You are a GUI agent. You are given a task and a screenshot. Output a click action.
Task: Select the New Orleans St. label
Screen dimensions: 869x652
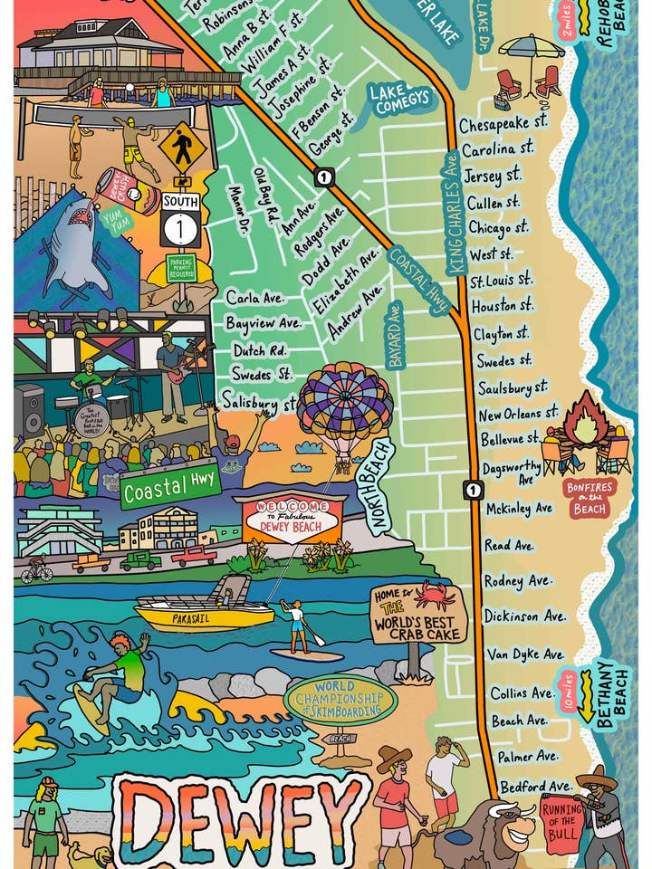tap(518, 414)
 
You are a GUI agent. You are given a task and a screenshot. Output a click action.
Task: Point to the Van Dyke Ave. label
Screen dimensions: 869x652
tap(525, 654)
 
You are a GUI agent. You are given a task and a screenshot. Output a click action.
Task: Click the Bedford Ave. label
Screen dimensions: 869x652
tap(535, 786)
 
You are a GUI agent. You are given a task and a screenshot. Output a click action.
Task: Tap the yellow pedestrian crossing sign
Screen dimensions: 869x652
tap(182, 146)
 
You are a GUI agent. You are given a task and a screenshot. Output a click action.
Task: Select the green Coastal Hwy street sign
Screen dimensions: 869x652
tap(169, 490)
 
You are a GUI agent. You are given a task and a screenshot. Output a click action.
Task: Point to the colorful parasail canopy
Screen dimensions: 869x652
tap(344, 405)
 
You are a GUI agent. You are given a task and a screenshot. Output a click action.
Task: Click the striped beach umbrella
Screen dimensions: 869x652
tap(531, 46)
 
